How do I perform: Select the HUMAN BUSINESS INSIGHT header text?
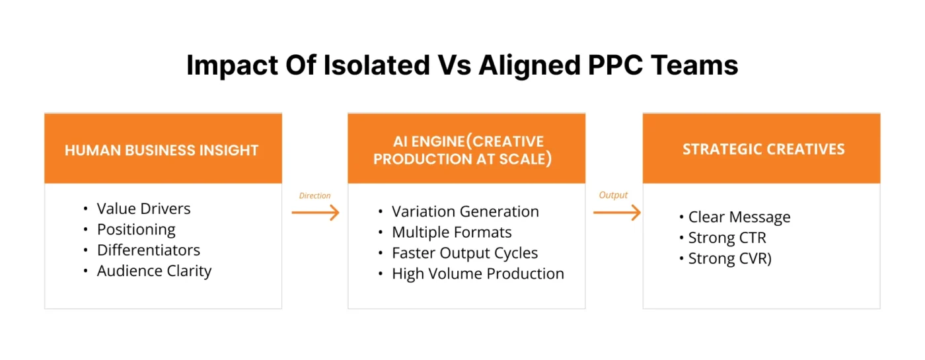tap(162, 150)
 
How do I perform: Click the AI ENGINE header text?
tap(466, 151)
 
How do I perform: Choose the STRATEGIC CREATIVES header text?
tap(763, 149)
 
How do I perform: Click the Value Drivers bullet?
tap(143, 209)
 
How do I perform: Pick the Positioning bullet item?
tap(136, 230)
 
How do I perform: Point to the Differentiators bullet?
tap(148, 250)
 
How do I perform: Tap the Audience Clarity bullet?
tap(154, 271)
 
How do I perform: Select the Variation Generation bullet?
tap(465, 211)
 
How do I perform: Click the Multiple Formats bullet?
tap(451, 233)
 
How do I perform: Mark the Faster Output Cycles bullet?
tap(464, 253)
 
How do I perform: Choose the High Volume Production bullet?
tap(478, 273)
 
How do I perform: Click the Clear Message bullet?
tap(739, 217)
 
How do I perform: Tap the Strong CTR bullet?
tap(727, 238)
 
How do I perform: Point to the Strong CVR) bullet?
tap(729, 258)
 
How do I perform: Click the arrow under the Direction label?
tap(315, 212)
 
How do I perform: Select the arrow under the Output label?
tap(617, 212)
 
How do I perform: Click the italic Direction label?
tap(314, 196)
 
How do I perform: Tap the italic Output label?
tap(613, 195)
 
